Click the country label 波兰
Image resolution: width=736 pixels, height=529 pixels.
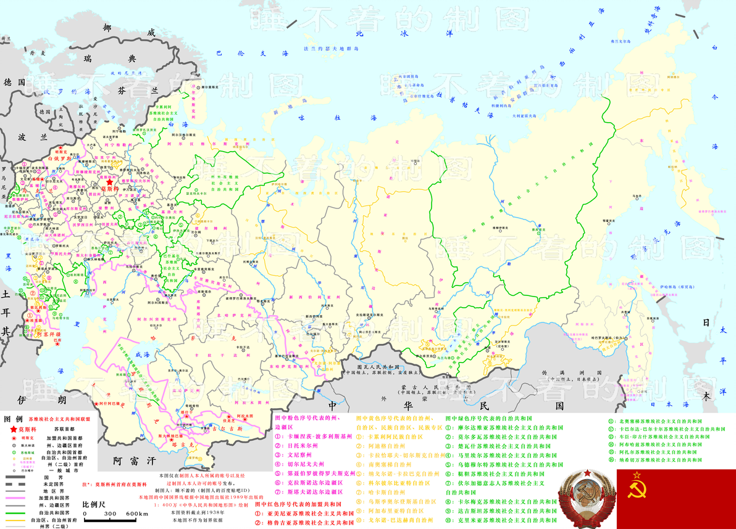tap(26, 137)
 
